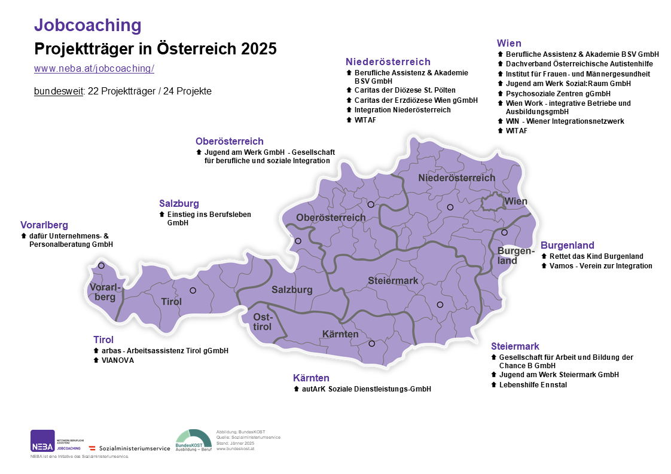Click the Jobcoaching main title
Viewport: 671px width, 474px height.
[x=88, y=25]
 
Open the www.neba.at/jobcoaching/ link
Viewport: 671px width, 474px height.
[x=94, y=68]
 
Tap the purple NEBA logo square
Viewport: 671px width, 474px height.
[x=42, y=441]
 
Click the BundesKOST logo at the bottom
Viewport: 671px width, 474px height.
[x=193, y=441]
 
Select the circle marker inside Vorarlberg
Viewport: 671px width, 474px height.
[x=101, y=265]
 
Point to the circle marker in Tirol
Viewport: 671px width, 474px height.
[x=193, y=290]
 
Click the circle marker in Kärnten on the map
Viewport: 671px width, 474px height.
[x=371, y=344]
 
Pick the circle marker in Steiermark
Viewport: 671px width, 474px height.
[x=440, y=305]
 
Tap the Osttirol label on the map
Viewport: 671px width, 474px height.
[x=263, y=322]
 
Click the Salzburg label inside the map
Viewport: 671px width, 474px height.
[x=292, y=290]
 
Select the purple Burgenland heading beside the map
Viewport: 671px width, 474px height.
[x=567, y=245]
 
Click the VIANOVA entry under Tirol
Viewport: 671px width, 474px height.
[x=117, y=360]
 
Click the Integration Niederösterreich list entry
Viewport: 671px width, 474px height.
[x=402, y=110]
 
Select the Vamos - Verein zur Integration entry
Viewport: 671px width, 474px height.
[x=600, y=266]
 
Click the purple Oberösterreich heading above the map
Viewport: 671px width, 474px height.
[x=229, y=142]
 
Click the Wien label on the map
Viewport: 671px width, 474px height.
[x=516, y=201]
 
